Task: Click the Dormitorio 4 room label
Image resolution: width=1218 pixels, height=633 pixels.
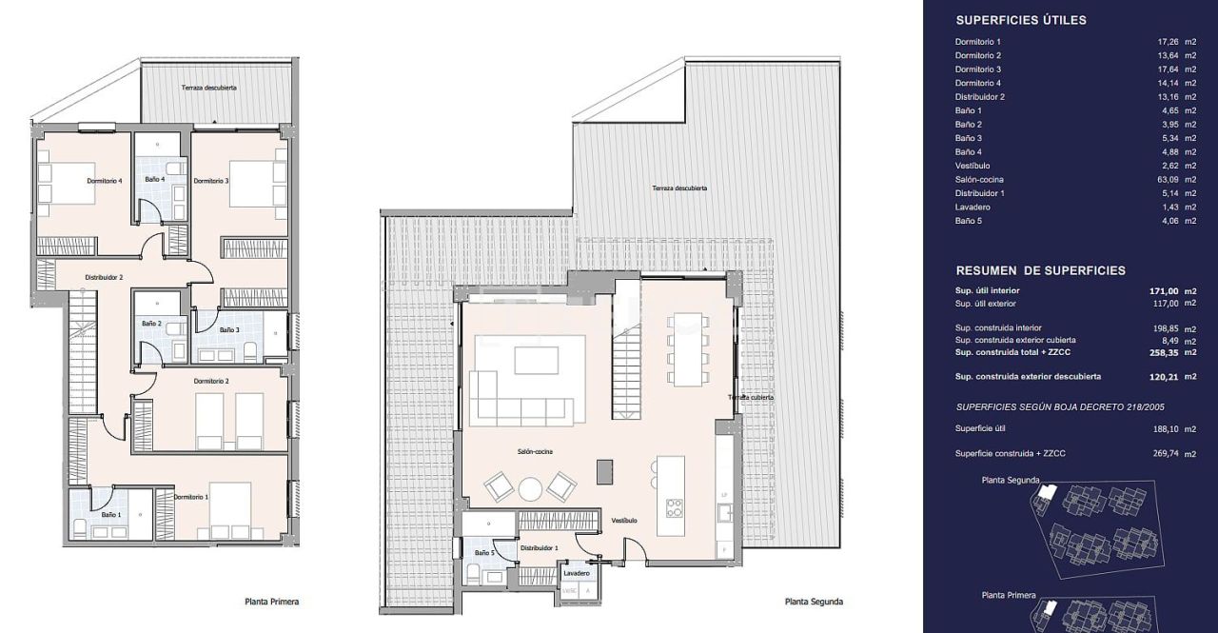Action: pos(105,181)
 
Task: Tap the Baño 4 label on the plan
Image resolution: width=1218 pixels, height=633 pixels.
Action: pos(155,179)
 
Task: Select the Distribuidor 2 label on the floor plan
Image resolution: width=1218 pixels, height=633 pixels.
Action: pos(104,277)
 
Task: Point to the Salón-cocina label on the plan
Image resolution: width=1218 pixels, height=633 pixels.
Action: pos(535,452)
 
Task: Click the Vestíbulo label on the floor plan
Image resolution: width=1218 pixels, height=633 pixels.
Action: pos(624,521)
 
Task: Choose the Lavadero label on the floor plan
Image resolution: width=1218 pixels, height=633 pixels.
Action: pos(577,573)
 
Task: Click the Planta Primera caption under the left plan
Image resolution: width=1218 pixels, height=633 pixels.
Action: pos(272,602)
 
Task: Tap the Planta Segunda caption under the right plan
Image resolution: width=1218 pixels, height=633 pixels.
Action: pos(814,602)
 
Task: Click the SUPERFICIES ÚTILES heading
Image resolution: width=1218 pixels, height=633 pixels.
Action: pos(1021,20)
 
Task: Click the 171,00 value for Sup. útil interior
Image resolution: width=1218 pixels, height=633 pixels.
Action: pos(1164,291)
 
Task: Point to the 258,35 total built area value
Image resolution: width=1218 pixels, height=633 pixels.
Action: pos(1164,352)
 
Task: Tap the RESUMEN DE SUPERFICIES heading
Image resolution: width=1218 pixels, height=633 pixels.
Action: pos(1041,271)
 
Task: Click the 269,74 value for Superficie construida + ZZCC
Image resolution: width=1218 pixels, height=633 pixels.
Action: pos(1166,453)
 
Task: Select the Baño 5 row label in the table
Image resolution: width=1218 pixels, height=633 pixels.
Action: pos(969,221)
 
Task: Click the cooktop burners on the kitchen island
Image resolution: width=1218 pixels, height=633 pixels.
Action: pos(675,507)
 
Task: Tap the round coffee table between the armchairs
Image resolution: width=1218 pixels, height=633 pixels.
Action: pos(530,488)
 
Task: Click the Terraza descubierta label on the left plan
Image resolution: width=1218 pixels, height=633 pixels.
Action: pos(208,88)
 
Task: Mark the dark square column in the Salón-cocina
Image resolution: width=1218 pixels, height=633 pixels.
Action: pos(604,471)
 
